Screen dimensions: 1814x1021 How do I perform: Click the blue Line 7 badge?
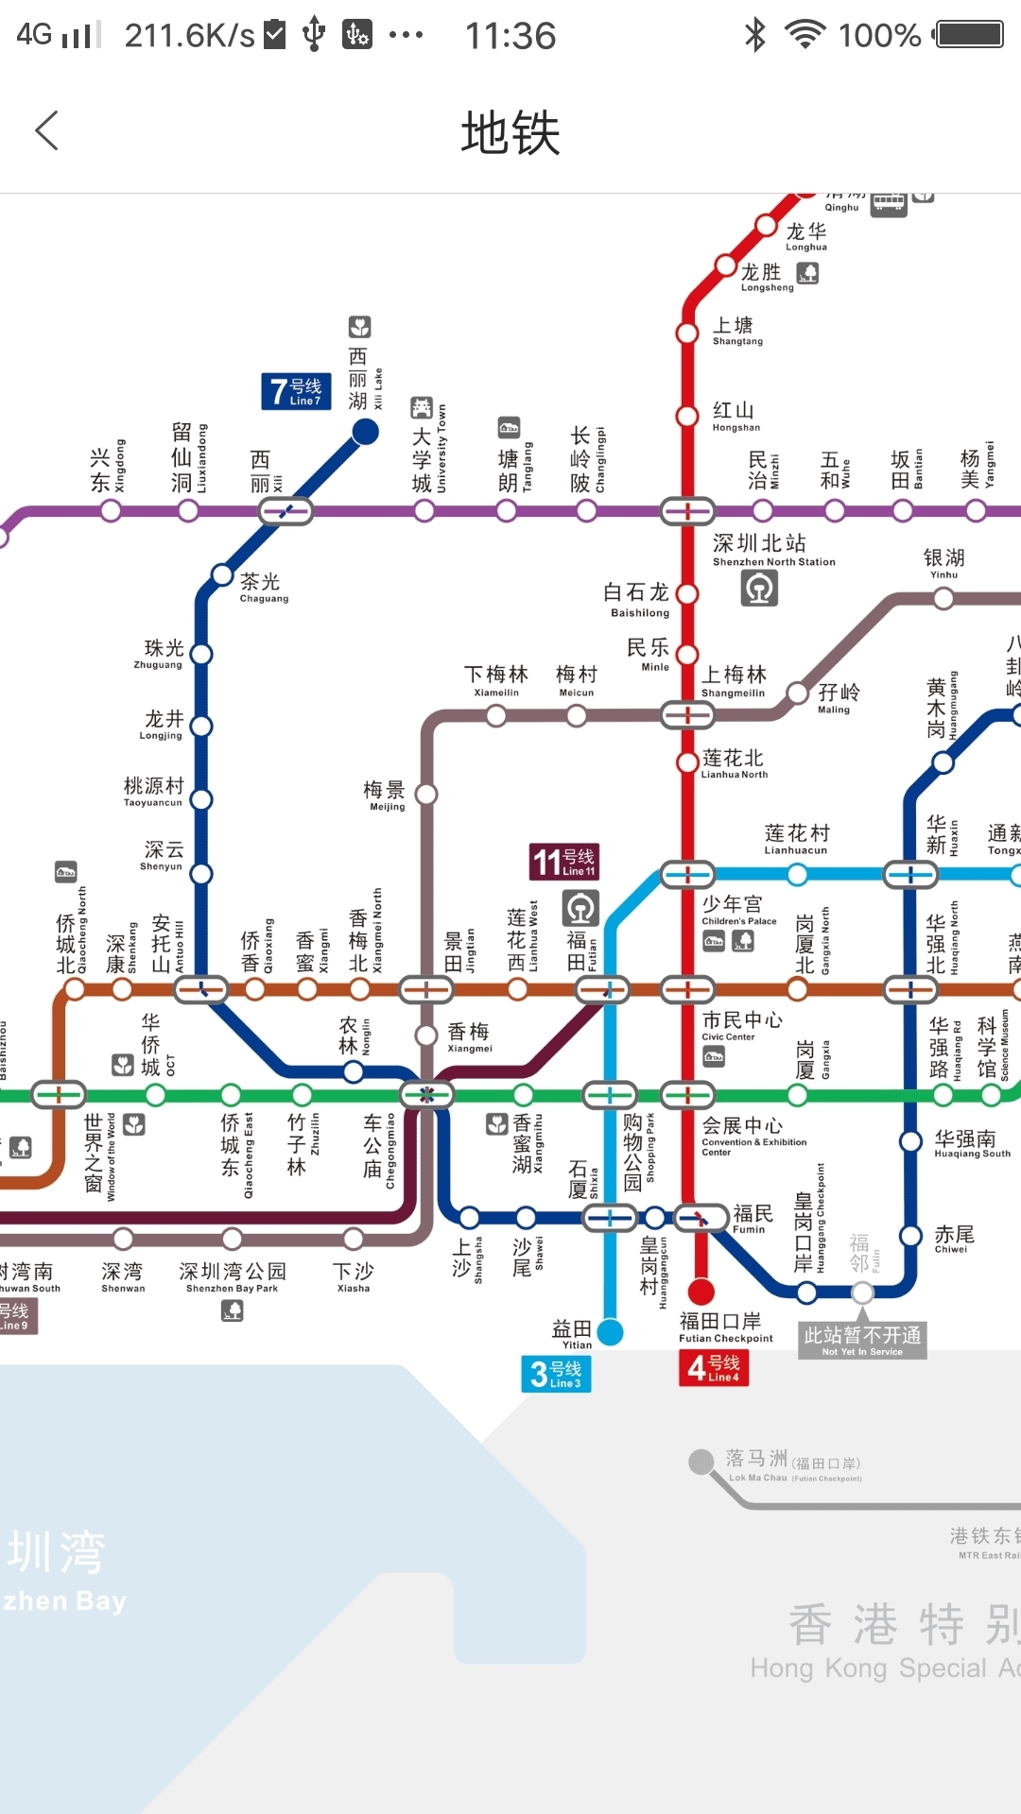296,391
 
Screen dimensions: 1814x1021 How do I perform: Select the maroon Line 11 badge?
564,862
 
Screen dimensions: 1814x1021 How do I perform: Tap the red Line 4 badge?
714,1367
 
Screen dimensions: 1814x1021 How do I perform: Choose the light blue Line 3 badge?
556,1374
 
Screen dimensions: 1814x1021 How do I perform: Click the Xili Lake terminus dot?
365,432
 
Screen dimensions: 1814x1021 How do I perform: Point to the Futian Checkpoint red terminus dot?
701,1291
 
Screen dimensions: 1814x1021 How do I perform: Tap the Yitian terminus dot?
611,1332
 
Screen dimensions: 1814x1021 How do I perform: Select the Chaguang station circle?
222,574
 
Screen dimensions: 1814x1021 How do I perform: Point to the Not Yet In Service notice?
862,1340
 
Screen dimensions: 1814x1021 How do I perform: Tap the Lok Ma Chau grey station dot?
701,1462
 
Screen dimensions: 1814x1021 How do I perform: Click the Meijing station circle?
426,795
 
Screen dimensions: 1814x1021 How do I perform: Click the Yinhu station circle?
943,598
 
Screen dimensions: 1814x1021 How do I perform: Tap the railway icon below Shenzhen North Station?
759,589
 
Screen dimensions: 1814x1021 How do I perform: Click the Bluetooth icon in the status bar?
754,36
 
